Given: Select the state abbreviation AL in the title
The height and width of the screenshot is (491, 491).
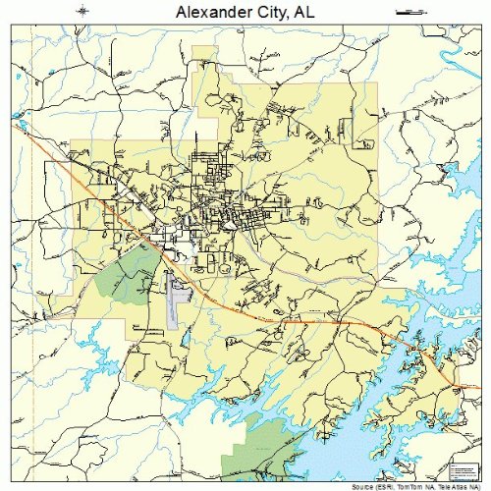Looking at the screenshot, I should (304, 13).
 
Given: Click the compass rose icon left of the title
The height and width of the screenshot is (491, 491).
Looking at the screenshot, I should (82, 11).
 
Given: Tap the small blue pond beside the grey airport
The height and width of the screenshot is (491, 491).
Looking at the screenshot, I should (185, 339).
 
